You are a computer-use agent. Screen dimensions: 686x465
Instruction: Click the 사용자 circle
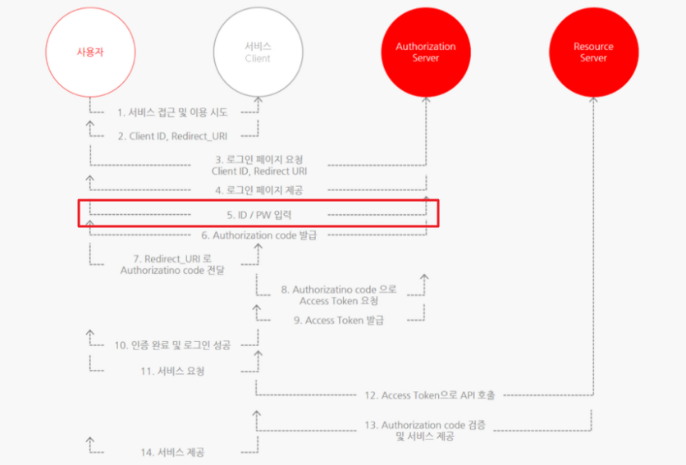(89, 53)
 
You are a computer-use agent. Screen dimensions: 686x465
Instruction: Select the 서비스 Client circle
(258, 53)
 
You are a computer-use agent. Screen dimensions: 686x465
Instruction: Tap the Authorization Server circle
(426, 53)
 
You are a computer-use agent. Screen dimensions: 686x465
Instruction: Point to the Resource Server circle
(593, 53)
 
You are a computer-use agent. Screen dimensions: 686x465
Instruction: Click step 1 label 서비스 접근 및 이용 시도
(172, 112)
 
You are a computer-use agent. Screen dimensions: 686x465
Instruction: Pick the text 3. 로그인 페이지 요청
(258, 158)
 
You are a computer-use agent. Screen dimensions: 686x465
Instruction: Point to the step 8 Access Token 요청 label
(339, 295)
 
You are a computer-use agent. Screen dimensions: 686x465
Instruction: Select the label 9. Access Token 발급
(339, 320)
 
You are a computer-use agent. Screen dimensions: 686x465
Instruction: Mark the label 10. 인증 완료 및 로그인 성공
(172, 344)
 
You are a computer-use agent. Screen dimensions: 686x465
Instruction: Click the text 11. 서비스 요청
(172, 371)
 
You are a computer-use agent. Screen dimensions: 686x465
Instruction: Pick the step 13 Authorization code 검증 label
(425, 431)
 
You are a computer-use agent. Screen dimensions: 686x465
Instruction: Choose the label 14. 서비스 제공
(172, 452)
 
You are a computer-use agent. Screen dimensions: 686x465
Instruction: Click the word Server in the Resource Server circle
(593, 58)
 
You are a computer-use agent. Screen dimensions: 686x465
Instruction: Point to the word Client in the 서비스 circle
(258, 59)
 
